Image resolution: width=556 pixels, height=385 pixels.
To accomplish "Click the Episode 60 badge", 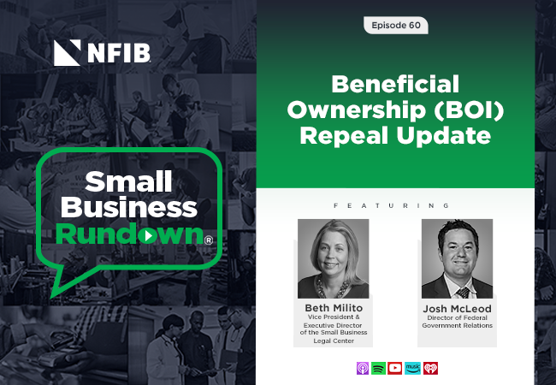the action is point(396,25).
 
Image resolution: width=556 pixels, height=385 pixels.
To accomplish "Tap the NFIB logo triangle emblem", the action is point(67,53).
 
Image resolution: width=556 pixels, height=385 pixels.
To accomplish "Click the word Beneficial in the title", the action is point(395,85).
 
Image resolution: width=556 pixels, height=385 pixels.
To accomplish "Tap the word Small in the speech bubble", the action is point(128,181).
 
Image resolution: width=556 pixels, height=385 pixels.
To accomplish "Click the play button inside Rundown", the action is point(147,236).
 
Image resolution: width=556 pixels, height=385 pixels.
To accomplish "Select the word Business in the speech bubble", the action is point(129,207).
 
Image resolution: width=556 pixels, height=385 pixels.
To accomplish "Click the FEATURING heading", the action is point(392,205).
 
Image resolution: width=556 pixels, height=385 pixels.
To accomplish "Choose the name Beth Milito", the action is point(334,308).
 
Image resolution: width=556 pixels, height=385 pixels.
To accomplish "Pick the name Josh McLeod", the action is point(457,308).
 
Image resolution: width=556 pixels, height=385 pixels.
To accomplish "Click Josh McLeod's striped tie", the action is point(463,293).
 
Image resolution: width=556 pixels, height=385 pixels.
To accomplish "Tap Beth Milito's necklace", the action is point(333,289).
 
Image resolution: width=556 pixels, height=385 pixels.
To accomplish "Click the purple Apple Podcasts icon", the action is point(363,368).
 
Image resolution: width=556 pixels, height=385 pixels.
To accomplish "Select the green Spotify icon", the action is point(378,368).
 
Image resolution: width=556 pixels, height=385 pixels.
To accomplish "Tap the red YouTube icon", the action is point(394,368).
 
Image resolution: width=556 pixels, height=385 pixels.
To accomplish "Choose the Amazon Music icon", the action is point(413,368).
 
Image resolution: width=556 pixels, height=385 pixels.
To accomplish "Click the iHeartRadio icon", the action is point(430,368).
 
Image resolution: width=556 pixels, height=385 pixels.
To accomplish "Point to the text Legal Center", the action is point(334,341).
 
